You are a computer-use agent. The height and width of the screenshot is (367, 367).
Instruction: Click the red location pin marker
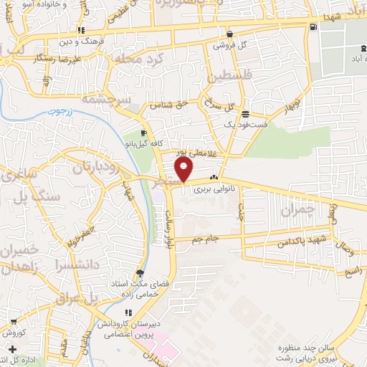185,170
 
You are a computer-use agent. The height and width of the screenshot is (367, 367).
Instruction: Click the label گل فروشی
229,44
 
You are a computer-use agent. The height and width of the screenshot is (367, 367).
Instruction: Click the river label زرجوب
62,113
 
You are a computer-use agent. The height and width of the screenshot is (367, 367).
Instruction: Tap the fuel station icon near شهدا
314,27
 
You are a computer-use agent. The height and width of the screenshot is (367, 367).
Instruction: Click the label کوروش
14,332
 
